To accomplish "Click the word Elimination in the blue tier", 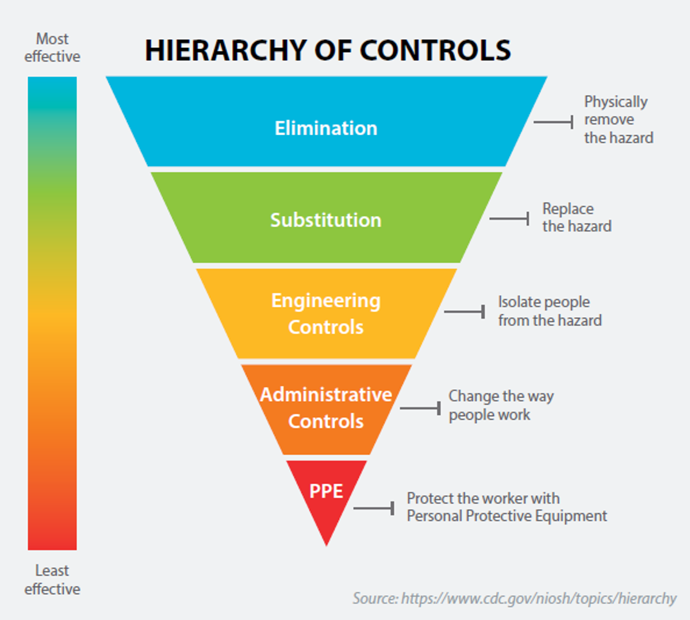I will [x=326, y=128].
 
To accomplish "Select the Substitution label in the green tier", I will [x=326, y=220].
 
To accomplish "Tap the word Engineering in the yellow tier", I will [x=326, y=301].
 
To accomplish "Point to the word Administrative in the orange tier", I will [x=326, y=395].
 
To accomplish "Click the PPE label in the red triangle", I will [x=326, y=491].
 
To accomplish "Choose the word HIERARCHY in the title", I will [x=225, y=51].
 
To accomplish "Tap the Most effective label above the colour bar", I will [x=52, y=48].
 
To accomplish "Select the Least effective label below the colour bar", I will [x=52, y=580].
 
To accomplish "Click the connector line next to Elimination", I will [x=553, y=122].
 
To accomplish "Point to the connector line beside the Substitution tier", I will [x=509, y=219].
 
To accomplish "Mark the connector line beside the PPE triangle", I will [x=373, y=508].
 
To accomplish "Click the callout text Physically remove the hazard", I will [x=618, y=120].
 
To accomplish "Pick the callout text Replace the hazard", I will [x=576, y=218].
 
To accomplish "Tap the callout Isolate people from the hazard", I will [x=549, y=311].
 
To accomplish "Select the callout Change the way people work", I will [x=500, y=405].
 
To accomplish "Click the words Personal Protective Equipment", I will [x=507, y=516].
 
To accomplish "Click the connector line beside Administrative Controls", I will [x=420, y=408].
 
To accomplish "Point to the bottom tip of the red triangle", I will [x=327, y=543].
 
